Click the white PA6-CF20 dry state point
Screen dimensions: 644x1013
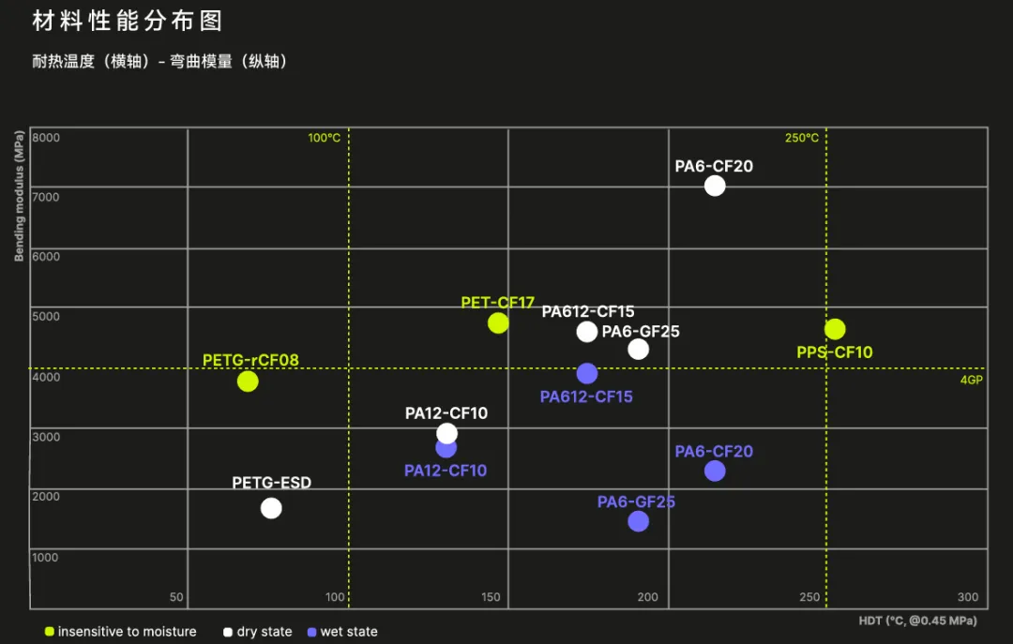tap(715, 186)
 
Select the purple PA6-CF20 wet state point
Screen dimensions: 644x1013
tap(715, 471)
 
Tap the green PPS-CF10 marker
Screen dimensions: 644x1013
tap(835, 329)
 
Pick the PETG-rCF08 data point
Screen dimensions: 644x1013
tap(248, 381)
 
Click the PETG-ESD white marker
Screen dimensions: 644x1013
tap(271, 508)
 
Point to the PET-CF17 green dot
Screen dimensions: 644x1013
tap(498, 322)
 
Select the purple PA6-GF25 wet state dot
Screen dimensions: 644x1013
tap(638, 521)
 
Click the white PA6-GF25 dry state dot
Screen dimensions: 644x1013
tap(639, 349)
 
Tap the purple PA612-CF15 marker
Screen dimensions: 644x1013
tap(587, 373)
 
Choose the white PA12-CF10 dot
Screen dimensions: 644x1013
tap(446, 433)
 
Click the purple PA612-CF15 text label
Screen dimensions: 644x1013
tap(586, 397)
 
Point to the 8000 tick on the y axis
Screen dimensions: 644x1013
tap(46, 138)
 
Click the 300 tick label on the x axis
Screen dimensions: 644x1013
tap(968, 597)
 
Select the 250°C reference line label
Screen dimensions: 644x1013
tap(802, 138)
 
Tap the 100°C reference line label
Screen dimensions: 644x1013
tap(325, 138)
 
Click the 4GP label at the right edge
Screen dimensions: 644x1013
tap(971, 381)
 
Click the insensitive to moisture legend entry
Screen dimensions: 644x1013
tap(121, 632)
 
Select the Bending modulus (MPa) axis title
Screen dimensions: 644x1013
tap(19, 195)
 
